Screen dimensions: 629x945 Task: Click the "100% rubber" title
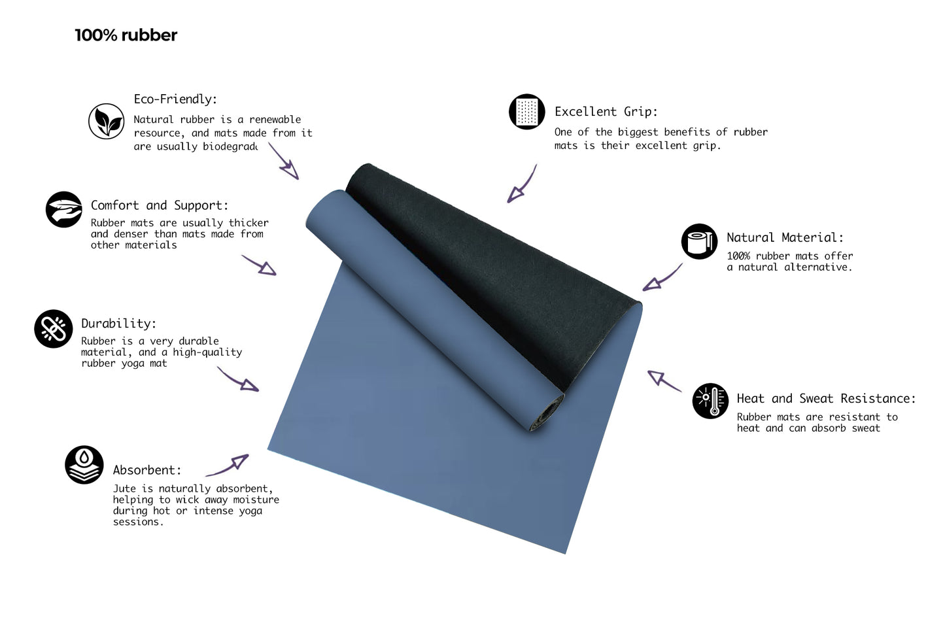click(x=126, y=35)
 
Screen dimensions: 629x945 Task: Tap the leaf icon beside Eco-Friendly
click(x=107, y=121)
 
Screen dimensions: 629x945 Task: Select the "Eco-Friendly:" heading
click(x=175, y=99)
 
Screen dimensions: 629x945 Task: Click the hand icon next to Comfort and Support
click(x=64, y=209)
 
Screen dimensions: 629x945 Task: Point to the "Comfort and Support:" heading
click(x=160, y=205)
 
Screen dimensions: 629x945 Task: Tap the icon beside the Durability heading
click(x=54, y=328)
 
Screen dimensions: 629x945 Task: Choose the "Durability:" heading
click(x=118, y=323)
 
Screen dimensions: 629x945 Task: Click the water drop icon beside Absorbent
click(x=84, y=464)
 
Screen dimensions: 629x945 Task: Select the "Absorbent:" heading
click(x=146, y=470)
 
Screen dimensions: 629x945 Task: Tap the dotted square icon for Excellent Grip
click(x=526, y=112)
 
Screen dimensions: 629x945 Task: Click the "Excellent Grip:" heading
click(x=606, y=112)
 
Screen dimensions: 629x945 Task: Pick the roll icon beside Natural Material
click(x=699, y=241)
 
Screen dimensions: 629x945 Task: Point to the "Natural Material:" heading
click(x=785, y=237)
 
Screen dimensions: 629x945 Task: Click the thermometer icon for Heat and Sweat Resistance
click(x=710, y=401)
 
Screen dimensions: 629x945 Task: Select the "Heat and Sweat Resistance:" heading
click(x=826, y=398)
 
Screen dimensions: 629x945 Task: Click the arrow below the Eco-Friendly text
click(x=284, y=161)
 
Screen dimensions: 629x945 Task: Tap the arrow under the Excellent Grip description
click(x=522, y=184)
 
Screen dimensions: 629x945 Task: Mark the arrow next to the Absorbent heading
click(x=228, y=466)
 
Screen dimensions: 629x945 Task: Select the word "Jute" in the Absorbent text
click(x=124, y=488)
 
